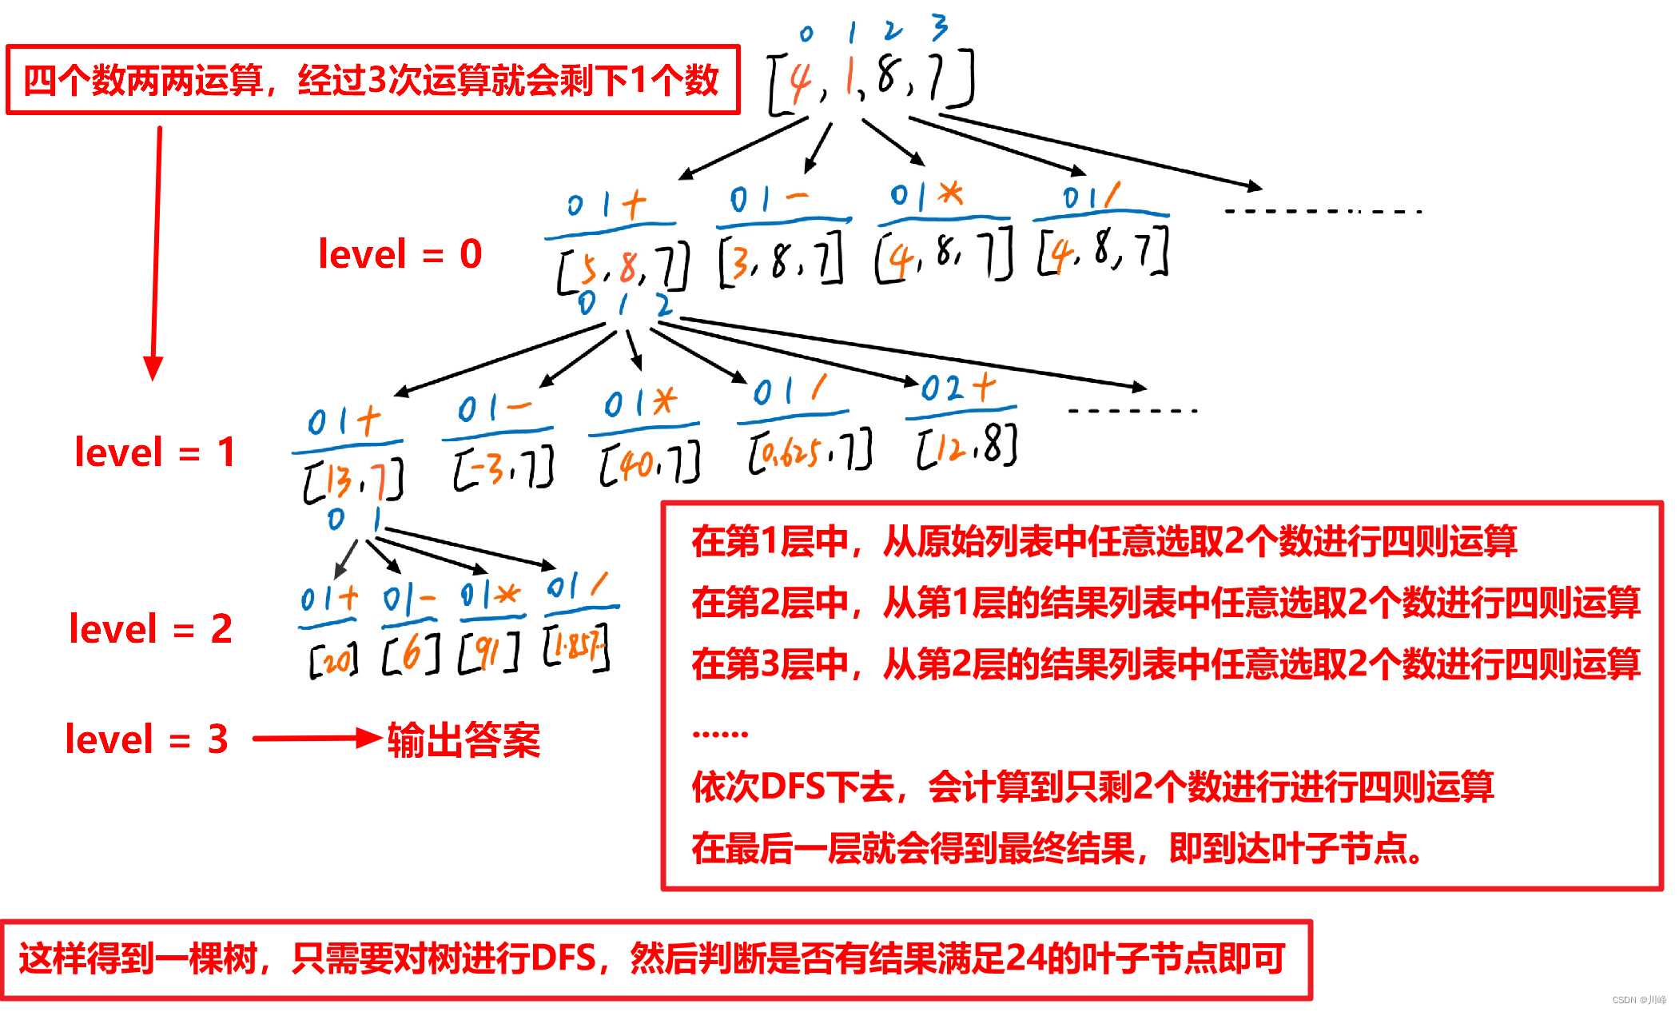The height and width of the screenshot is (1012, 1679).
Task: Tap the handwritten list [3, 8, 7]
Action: point(781,259)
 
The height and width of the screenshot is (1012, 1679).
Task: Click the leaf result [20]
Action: point(333,659)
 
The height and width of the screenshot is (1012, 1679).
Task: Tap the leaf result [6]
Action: point(411,654)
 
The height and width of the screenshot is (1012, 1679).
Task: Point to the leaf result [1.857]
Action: point(576,647)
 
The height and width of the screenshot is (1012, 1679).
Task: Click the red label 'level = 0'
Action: point(400,254)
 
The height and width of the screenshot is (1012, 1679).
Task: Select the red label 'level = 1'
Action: point(155,452)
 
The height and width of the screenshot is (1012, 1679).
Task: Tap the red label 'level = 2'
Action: point(150,629)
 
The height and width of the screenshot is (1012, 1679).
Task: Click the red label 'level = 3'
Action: point(146,739)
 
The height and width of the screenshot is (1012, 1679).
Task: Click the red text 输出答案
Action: point(464,739)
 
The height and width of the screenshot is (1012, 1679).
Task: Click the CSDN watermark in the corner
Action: point(1639,1000)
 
